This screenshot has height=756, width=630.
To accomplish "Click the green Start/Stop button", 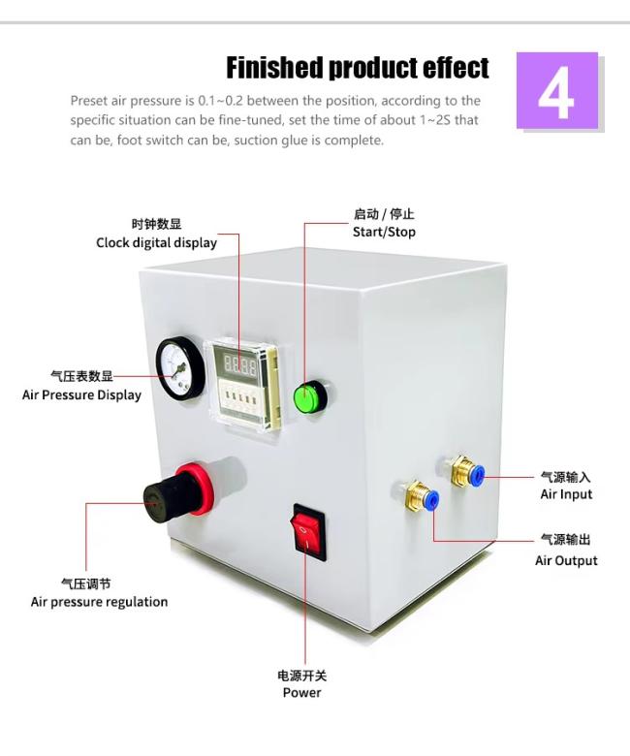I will (x=308, y=395).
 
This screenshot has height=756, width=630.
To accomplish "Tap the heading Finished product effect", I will (x=357, y=68).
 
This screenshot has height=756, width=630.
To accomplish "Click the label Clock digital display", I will (x=156, y=242).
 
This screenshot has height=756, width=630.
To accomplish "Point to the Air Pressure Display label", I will (x=81, y=394).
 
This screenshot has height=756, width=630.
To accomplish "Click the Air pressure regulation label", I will (x=99, y=602).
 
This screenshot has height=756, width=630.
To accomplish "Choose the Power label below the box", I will (x=301, y=692).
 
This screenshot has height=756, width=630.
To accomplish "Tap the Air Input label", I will (x=566, y=494).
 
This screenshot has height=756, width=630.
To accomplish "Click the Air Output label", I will (x=566, y=560).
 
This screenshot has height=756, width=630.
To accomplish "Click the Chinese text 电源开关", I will (x=301, y=676).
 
